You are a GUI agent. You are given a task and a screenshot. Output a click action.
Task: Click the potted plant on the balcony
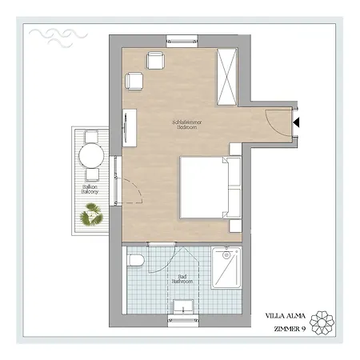(x=91, y=214)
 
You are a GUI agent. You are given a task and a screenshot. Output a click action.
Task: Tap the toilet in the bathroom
(x=136, y=260)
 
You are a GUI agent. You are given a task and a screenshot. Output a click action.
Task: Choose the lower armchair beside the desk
(x=134, y=81)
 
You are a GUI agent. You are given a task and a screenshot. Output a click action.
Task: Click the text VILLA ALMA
(x=286, y=315)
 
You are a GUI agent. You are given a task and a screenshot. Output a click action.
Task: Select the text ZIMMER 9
(x=287, y=328)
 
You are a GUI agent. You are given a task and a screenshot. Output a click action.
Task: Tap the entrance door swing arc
(x=270, y=120)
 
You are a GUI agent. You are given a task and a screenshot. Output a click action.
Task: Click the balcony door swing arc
(x=133, y=192)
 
